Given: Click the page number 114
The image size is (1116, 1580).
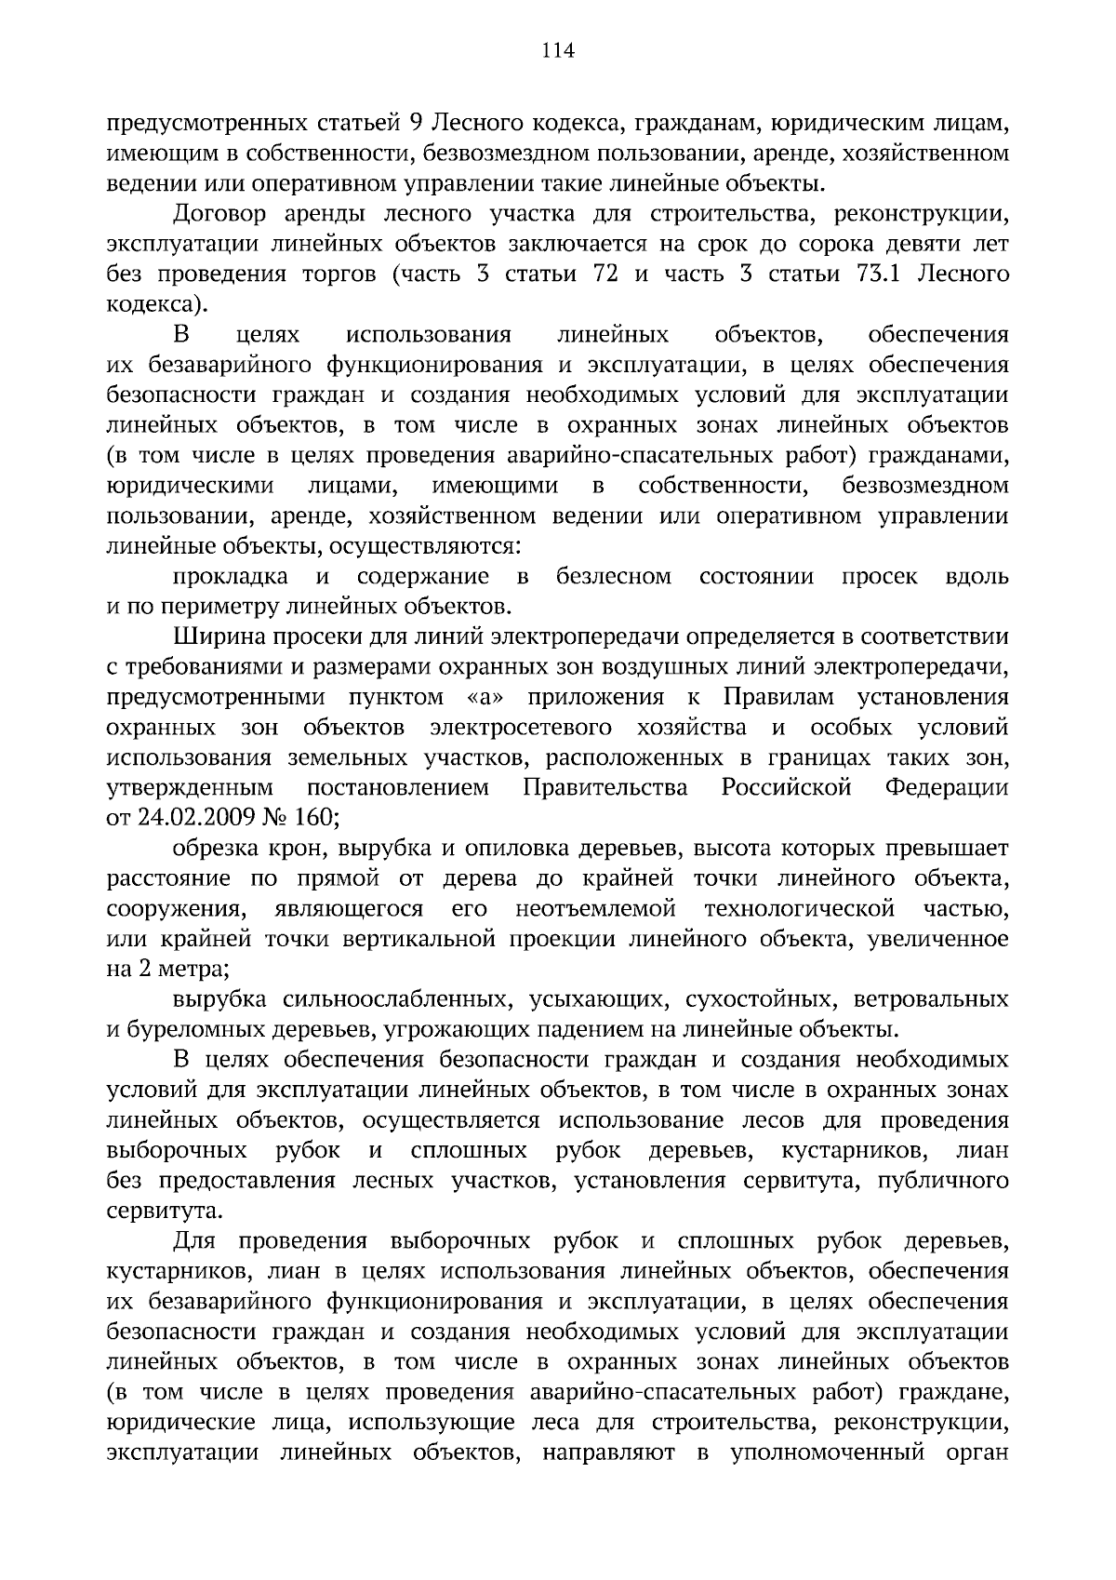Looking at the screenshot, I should coord(558,50).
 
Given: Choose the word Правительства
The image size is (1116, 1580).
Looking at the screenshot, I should coord(605,788).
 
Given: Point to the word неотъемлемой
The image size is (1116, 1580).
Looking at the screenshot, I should coord(595,909).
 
